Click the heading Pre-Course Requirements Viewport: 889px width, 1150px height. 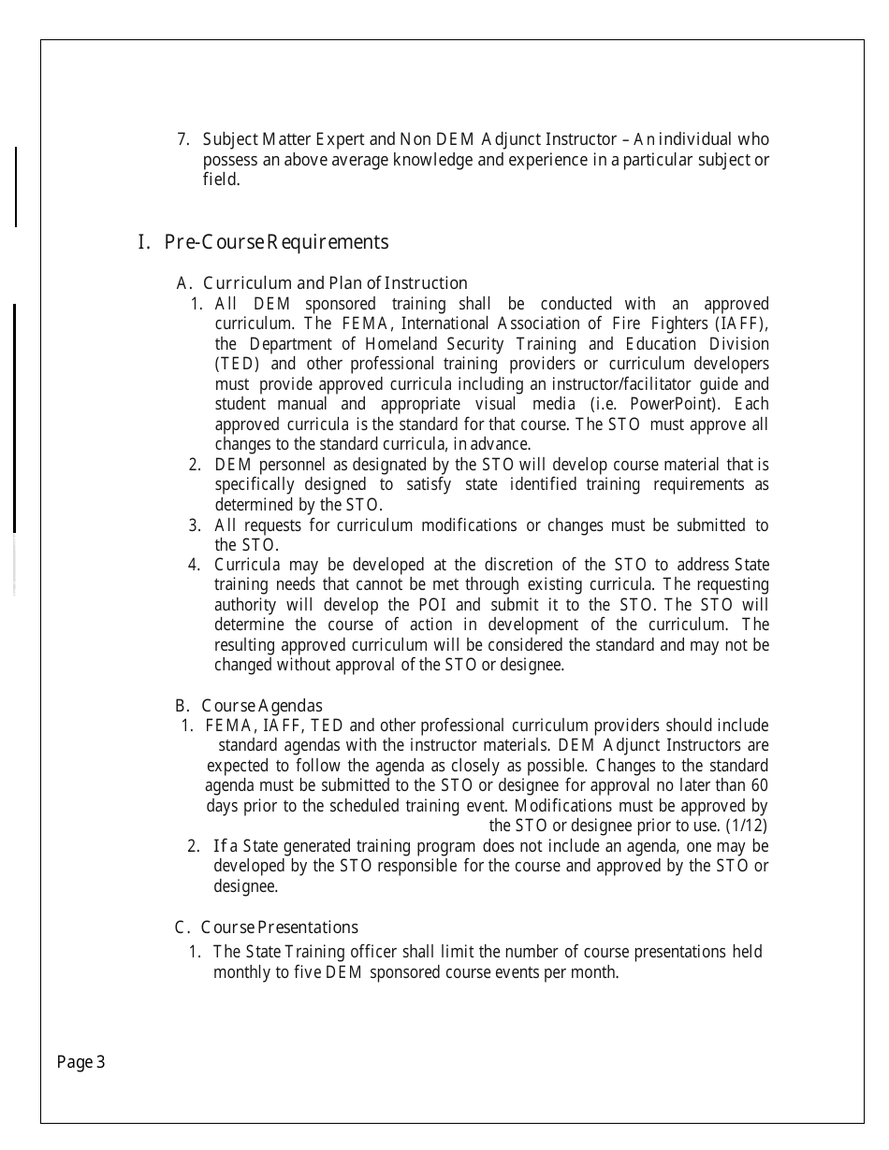click(263, 242)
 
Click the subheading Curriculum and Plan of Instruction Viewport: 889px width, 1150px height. click(323, 283)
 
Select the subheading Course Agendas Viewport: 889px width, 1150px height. click(249, 706)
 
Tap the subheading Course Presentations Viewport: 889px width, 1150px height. click(267, 927)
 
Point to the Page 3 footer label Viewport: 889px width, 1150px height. click(81, 1062)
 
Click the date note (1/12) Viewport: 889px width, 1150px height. click(746, 826)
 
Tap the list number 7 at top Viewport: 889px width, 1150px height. click(182, 140)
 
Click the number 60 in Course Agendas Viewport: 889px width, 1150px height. click(759, 785)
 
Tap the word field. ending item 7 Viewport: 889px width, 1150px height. click(221, 180)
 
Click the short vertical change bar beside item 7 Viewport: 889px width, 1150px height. click(15, 186)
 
